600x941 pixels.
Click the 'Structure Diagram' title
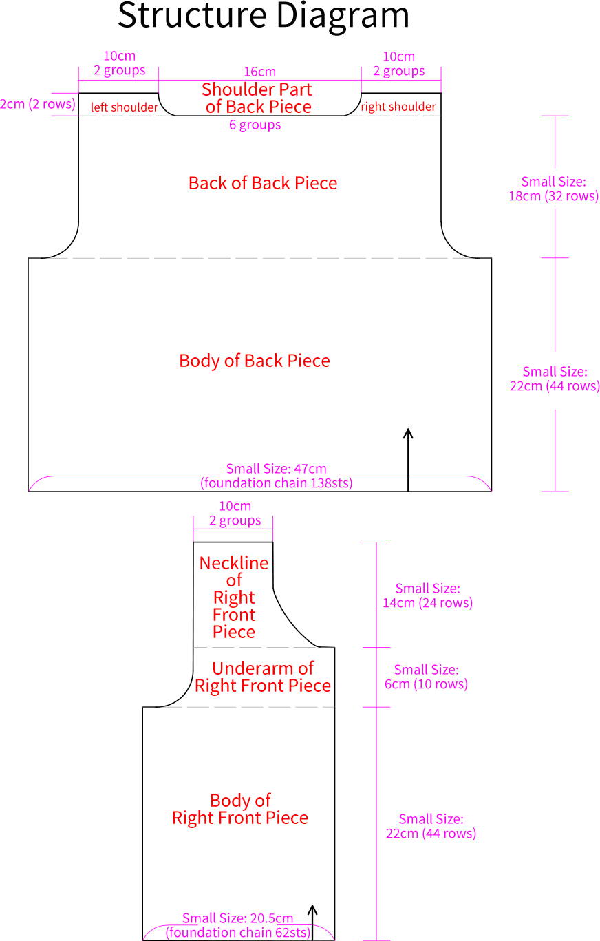(x=264, y=16)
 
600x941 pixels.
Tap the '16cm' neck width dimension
(x=260, y=72)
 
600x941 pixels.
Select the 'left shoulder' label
(x=125, y=107)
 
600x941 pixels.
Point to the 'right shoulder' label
(x=398, y=107)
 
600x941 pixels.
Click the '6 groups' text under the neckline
(x=255, y=125)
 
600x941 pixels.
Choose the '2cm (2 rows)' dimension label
(x=38, y=104)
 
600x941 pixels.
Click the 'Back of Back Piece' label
(x=263, y=183)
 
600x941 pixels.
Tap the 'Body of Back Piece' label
(x=255, y=361)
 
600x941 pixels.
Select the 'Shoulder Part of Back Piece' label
(x=257, y=98)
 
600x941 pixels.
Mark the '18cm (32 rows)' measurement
(x=553, y=196)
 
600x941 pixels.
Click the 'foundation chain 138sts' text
(x=277, y=483)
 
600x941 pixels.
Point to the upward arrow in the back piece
(x=408, y=460)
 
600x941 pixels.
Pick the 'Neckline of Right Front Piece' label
(x=234, y=598)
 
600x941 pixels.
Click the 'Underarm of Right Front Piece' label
(x=263, y=677)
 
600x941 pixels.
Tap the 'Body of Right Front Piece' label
(x=240, y=809)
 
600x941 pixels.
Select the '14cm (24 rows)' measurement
(x=427, y=603)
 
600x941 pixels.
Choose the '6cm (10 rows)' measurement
(x=426, y=684)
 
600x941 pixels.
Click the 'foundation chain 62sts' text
(x=237, y=932)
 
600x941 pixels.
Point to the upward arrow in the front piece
(x=312, y=922)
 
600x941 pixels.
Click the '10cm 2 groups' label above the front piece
(x=235, y=514)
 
